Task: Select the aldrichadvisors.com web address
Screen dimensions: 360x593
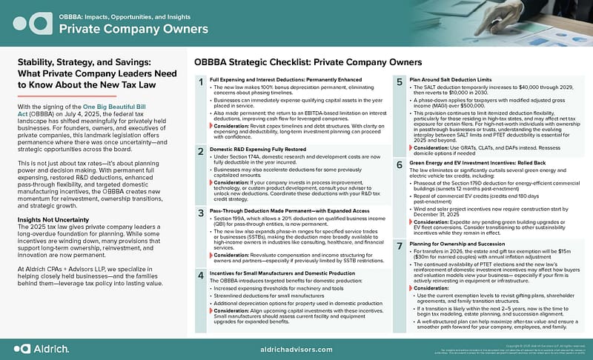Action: [x=296, y=347]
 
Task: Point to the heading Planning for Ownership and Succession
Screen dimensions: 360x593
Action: [x=458, y=243]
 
